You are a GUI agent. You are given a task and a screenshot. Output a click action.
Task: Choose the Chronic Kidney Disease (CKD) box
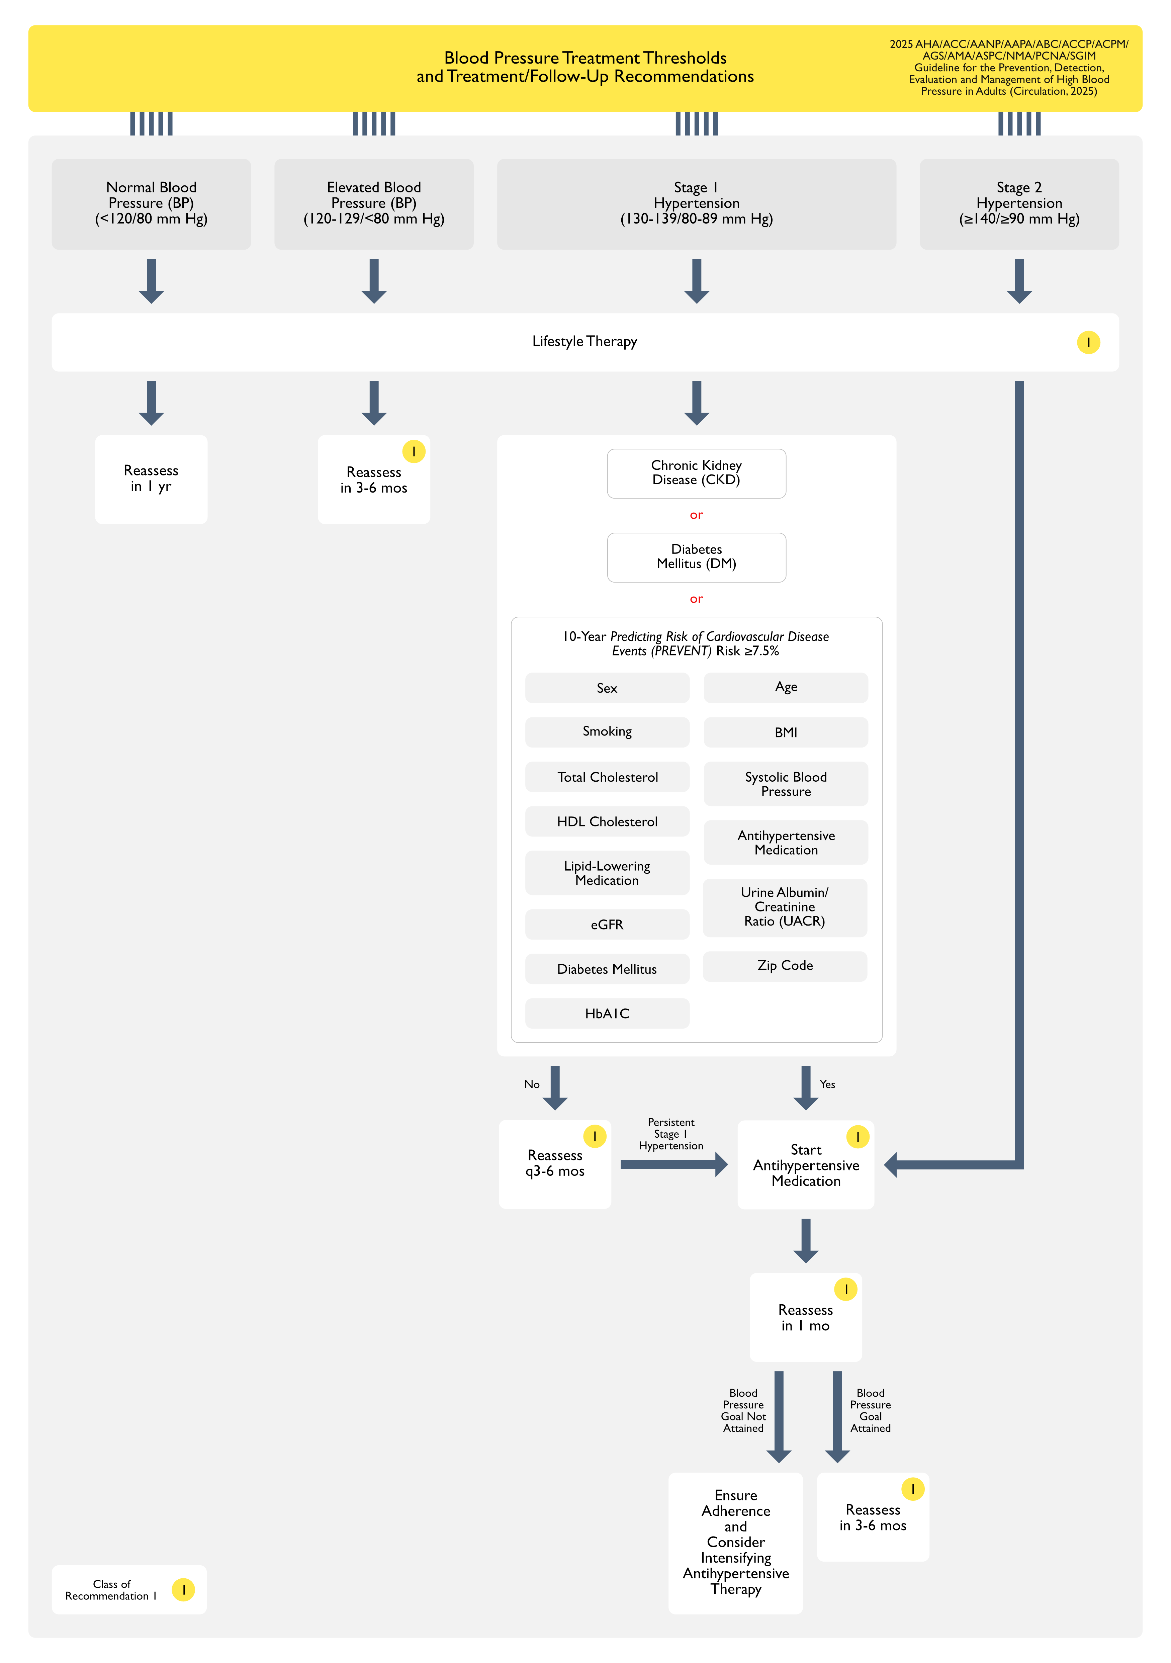(x=696, y=473)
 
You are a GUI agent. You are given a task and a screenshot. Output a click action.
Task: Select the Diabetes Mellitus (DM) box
(x=696, y=557)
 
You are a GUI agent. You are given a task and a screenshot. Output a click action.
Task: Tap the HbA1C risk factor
(x=607, y=1013)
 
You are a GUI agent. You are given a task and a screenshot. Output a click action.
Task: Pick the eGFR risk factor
(x=607, y=924)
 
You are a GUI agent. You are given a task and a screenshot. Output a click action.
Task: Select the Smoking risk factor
(x=607, y=731)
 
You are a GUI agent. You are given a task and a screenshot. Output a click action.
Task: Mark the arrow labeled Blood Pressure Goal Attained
(x=837, y=1416)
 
